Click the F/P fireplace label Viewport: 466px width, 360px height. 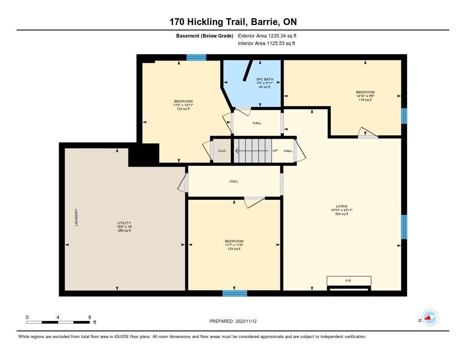click(x=348, y=281)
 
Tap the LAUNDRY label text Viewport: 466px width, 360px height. click(x=76, y=217)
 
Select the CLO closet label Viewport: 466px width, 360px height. click(x=222, y=151)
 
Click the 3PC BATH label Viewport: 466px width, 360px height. click(x=264, y=79)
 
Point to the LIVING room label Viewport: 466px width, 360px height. click(x=341, y=206)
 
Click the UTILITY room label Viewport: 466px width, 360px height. click(x=124, y=223)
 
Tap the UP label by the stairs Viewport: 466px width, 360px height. click(x=275, y=151)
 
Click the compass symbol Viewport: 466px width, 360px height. click(x=430, y=318)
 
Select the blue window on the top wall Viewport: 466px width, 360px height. click(x=196, y=57)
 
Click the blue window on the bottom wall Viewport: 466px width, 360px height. click(x=235, y=294)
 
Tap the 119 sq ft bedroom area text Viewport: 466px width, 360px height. click(x=365, y=100)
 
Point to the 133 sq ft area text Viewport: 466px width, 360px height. click(x=234, y=249)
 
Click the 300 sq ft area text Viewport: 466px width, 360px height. click(x=341, y=214)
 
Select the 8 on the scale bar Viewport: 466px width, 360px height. click(x=90, y=317)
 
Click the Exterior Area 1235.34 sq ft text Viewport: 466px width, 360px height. click(x=267, y=36)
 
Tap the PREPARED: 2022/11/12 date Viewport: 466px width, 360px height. click(x=233, y=321)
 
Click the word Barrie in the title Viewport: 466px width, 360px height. click(x=264, y=22)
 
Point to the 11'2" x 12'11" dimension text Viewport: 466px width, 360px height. click(x=183, y=105)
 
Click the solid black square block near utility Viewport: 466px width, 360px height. click(x=144, y=154)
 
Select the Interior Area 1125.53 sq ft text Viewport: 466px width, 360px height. click(x=267, y=43)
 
